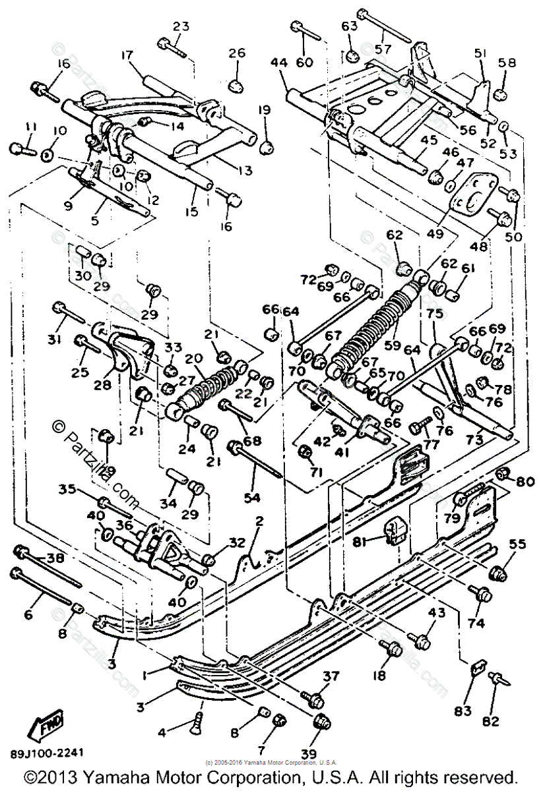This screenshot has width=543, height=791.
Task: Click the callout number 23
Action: (181, 26)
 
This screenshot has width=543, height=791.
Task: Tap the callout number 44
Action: (279, 63)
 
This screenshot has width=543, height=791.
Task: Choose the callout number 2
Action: (259, 520)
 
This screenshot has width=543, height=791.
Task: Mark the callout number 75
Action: (433, 315)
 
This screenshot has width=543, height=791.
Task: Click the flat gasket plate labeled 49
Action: (471, 195)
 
